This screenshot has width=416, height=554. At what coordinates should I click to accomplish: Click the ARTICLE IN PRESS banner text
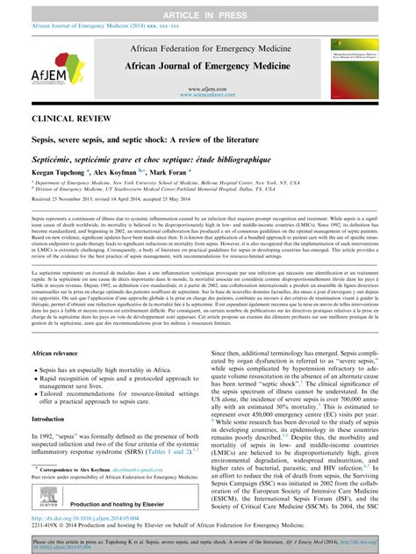208,7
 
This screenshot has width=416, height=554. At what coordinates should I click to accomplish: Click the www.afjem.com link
207,90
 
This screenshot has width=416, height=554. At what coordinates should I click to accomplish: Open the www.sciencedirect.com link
207,97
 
